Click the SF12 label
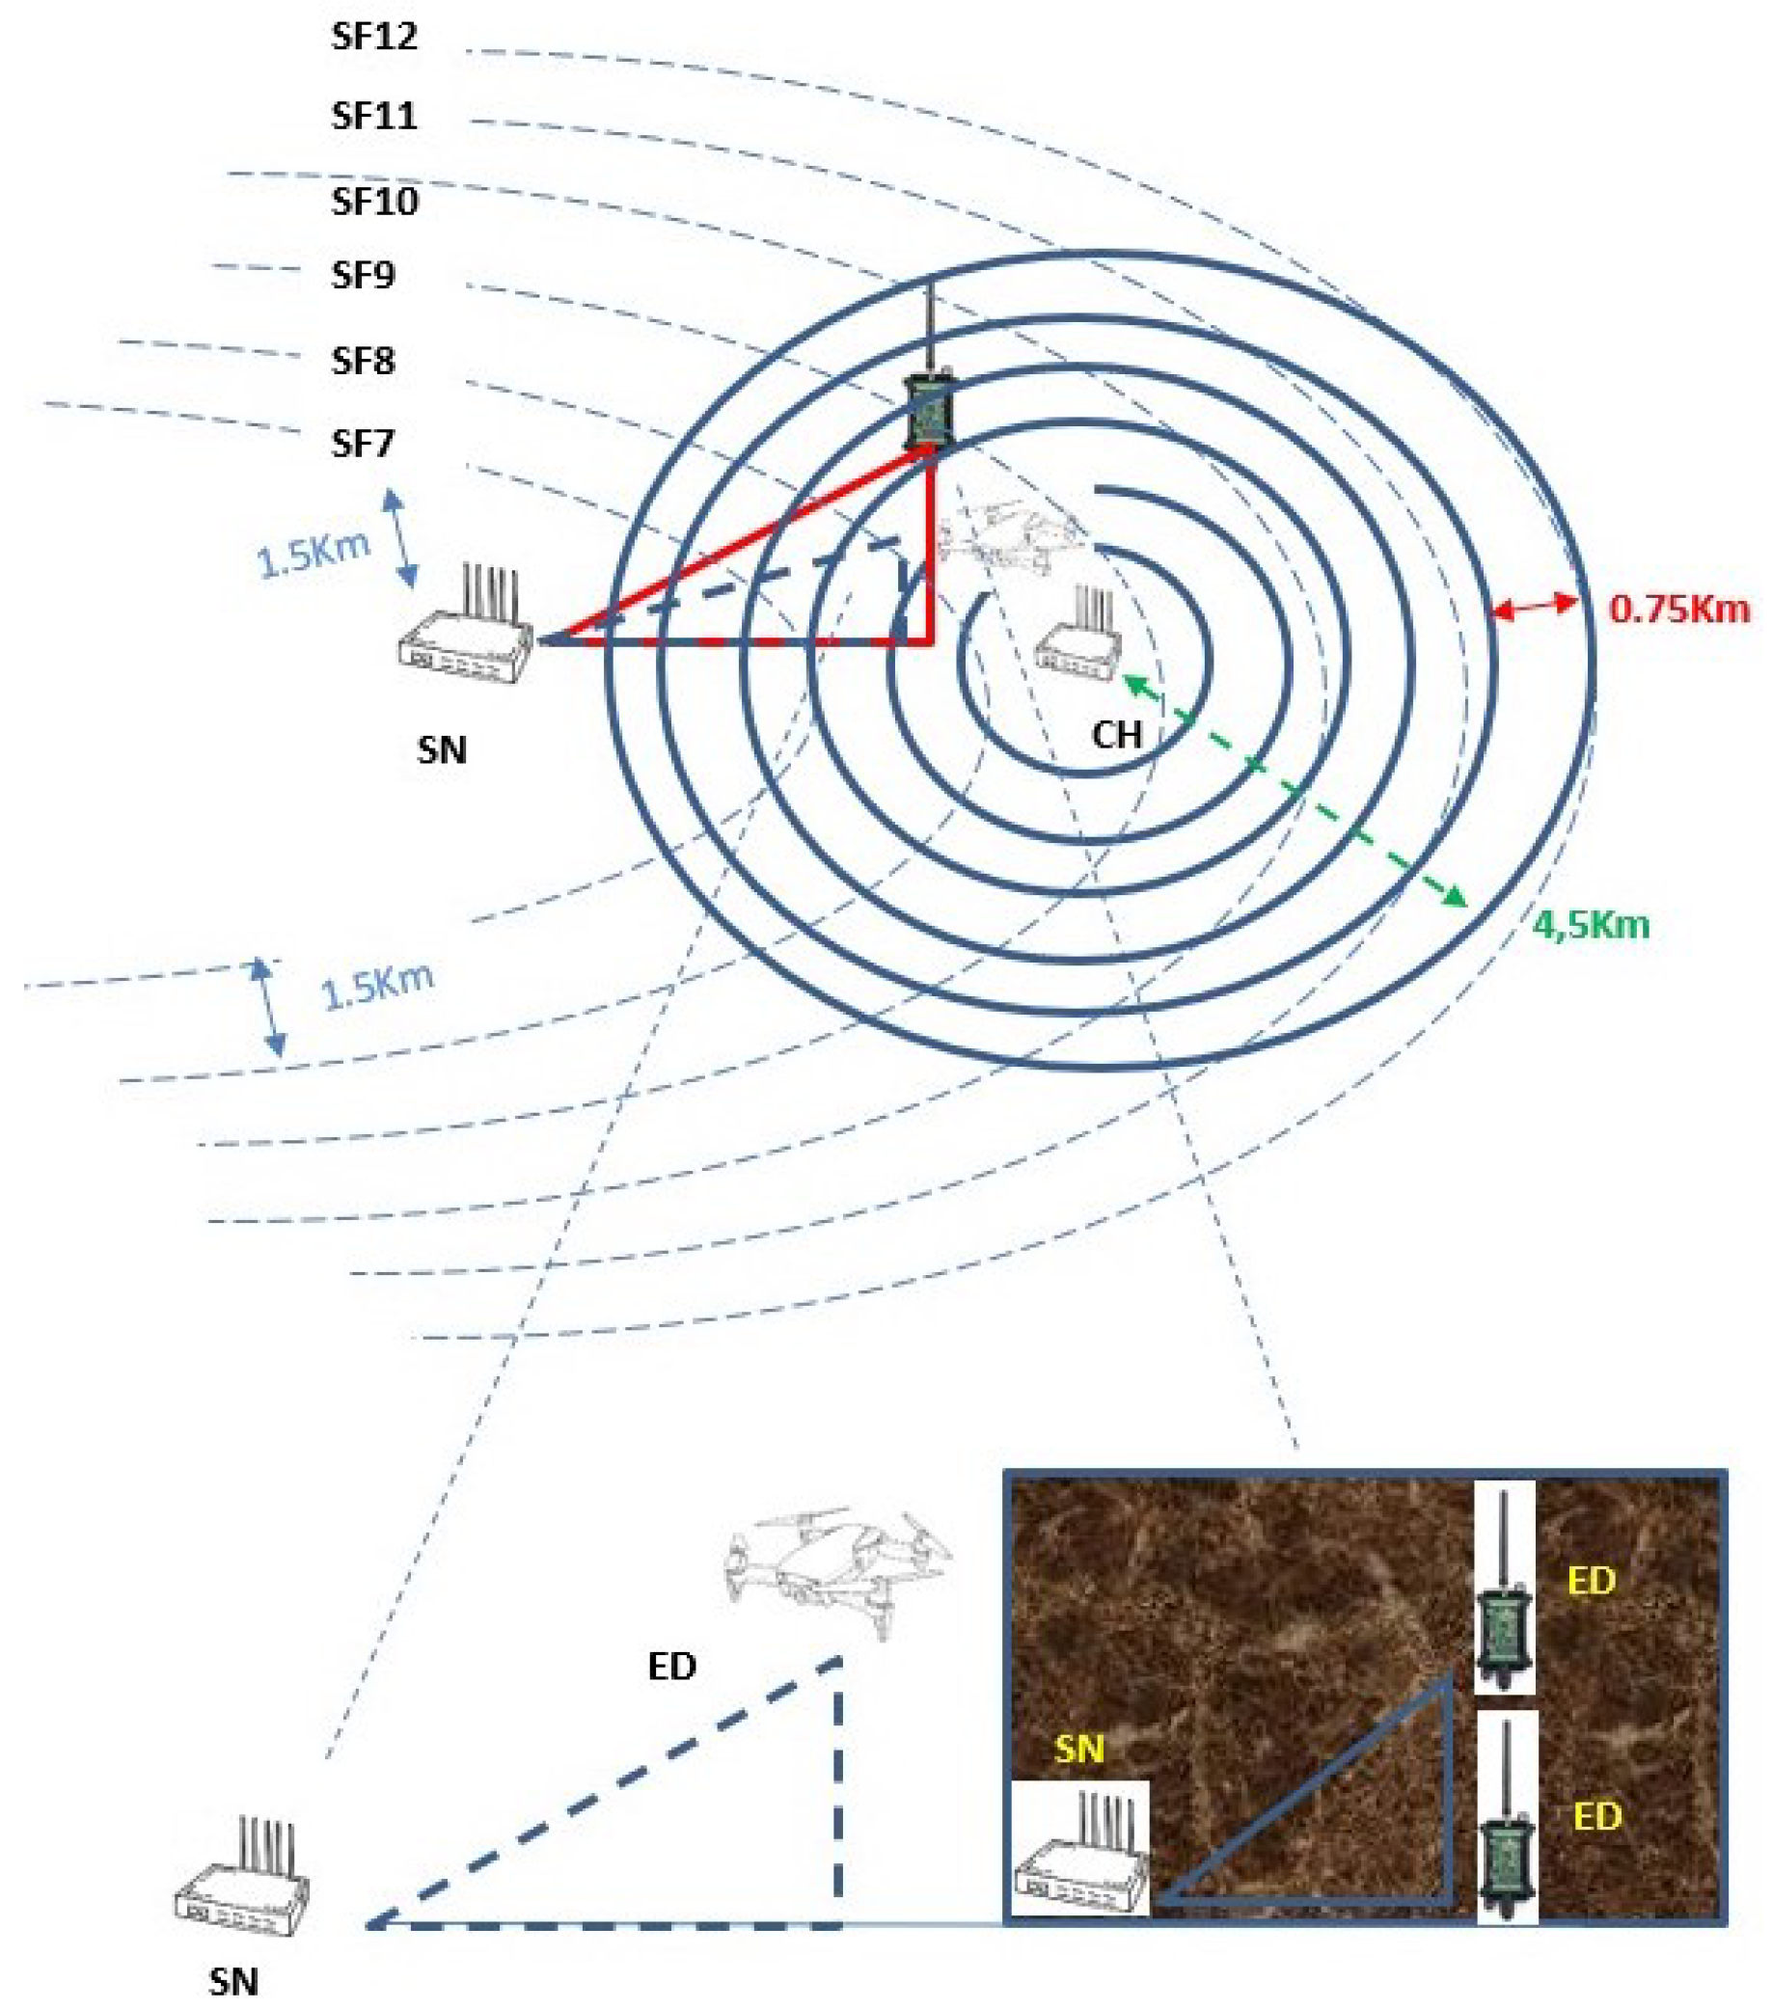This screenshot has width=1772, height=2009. point(373,37)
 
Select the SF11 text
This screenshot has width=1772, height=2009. point(373,116)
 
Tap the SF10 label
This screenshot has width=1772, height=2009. point(374,202)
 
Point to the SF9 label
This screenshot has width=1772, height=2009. point(363,275)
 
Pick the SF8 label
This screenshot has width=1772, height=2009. point(363,361)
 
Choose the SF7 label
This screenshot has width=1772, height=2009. point(363,444)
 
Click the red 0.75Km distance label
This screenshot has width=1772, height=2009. point(1678,610)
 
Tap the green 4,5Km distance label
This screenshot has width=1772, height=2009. point(1591,925)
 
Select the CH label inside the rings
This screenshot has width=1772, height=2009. point(1116,733)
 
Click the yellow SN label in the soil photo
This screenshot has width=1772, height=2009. point(1078,1749)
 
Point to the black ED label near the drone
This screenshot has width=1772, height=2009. point(672,1665)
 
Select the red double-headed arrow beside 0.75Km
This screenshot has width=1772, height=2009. point(1534,607)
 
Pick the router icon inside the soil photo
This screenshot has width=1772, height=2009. point(1080,1858)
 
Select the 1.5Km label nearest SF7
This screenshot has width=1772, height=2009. point(313,555)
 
